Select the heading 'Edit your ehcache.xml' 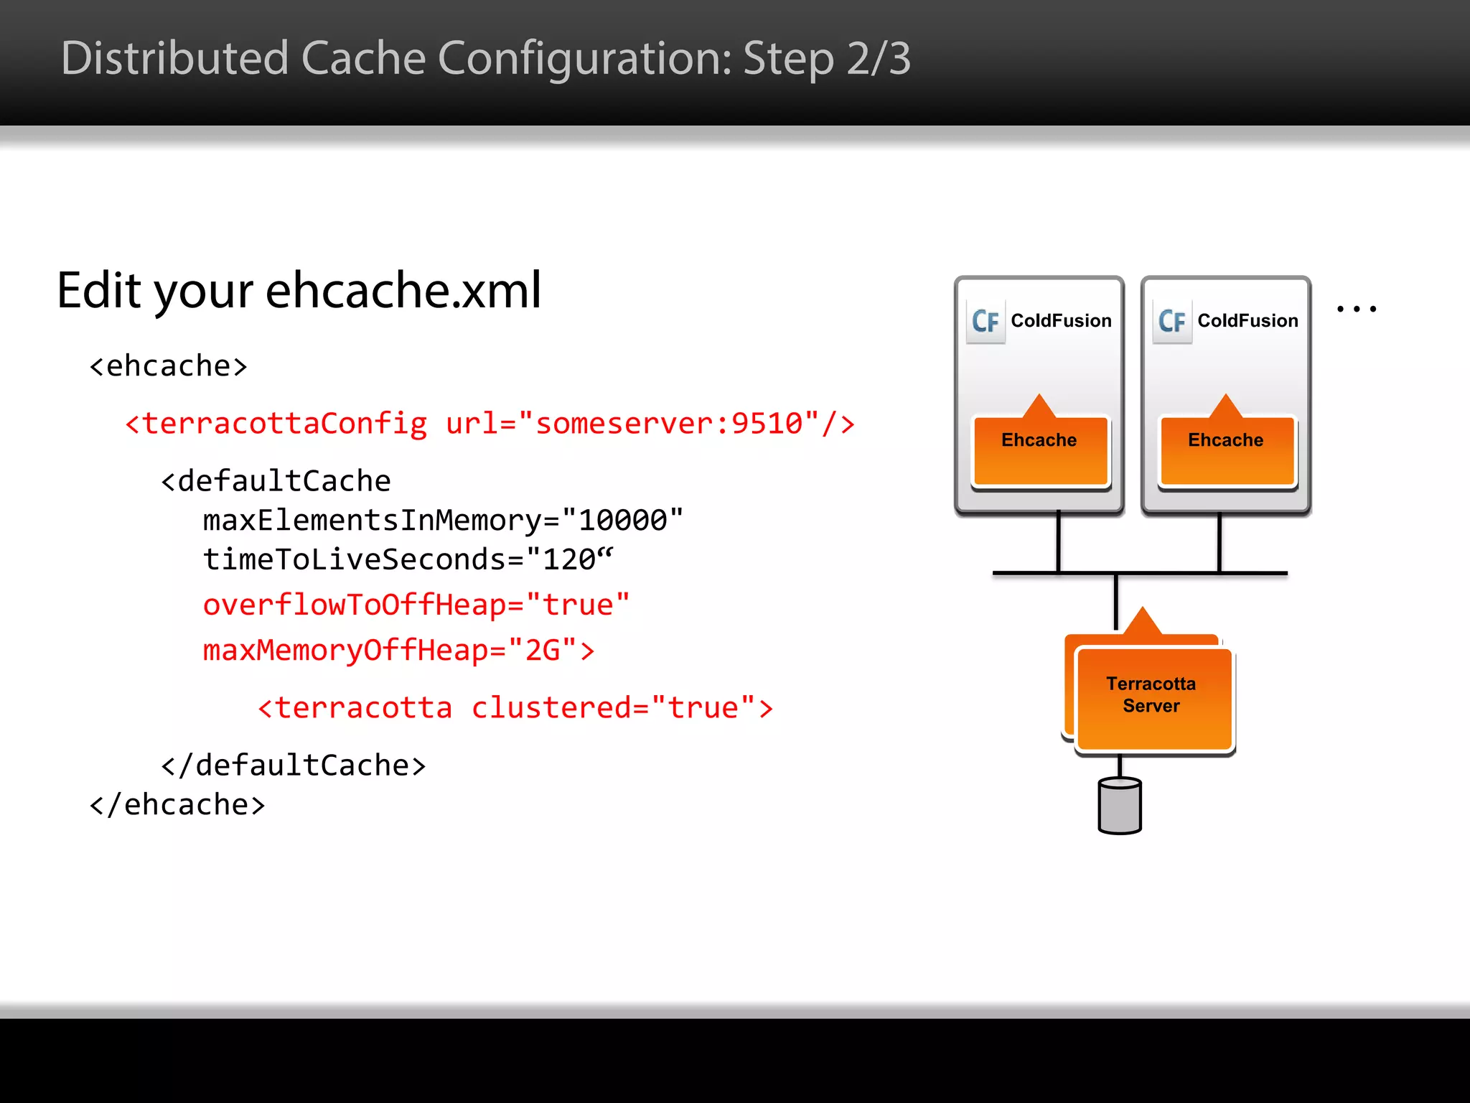coord(299,290)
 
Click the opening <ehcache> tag coord(168,366)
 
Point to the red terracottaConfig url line coord(490,424)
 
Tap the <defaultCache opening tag coord(276,481)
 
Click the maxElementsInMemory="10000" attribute coord(443,520)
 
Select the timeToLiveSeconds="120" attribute coord(408,559)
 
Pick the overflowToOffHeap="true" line coord(416,605)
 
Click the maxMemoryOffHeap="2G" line coord(398,650)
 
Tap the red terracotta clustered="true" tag coord(515,708)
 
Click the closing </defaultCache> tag coord(293,765)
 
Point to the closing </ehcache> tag coord(177,805)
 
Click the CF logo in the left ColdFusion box coord(986,321)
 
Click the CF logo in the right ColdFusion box coord(1172,321)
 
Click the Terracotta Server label coord(1151,695)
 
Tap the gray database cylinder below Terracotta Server coord(1120,806)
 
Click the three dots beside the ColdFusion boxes coord(1356,310)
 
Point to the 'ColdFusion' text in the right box coord(1247,321)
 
